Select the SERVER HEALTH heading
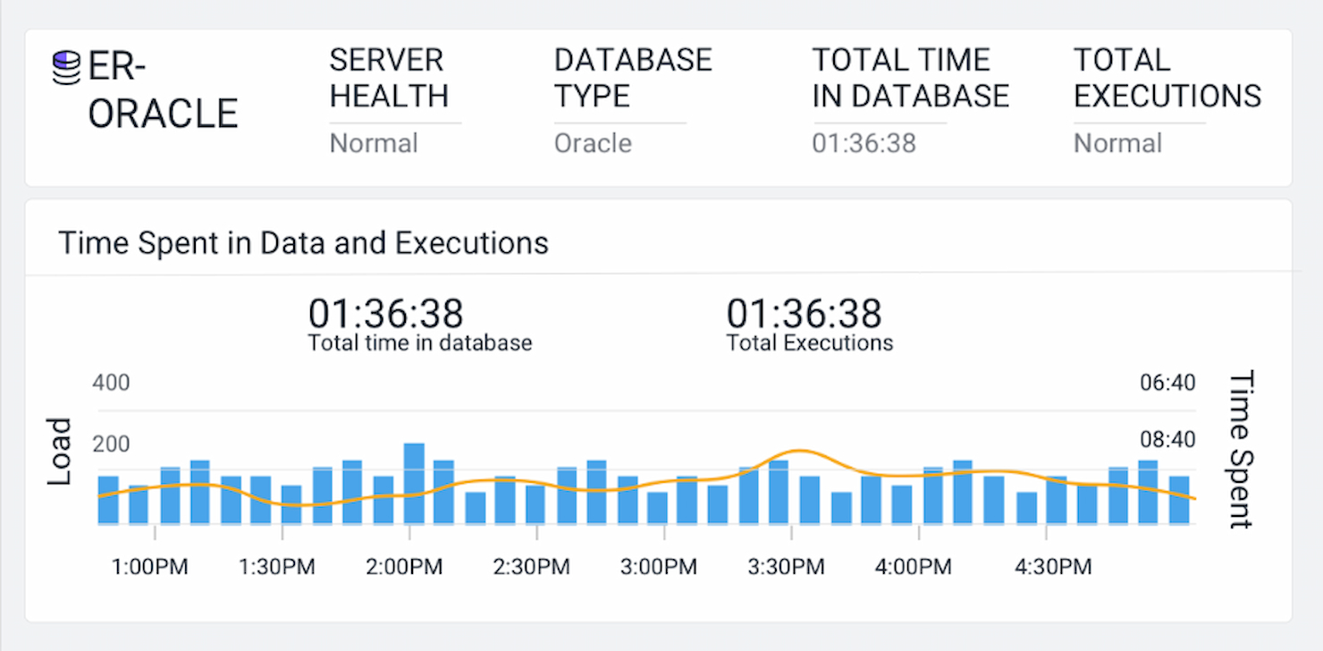coord(389,78)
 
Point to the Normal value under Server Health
coord(374,143)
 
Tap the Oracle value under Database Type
coord(593,143)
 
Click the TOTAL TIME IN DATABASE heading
coord(910,78)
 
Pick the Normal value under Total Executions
coord(1117,143)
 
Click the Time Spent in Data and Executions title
coord(303,242)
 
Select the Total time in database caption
coord(419,342)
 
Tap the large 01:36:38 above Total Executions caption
coord(804,314)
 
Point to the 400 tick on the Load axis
coord(111,383)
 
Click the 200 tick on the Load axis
coord(111,444)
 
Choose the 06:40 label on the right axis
coord(1167,383)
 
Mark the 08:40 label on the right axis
coord(1167,440)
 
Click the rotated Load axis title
coord(59,452)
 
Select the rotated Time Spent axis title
coord(1242,450)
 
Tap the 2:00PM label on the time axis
coord(404,567)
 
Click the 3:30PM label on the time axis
coord(786,567)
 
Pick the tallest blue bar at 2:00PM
coord(414,483)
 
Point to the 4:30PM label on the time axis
coord(1053,567)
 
